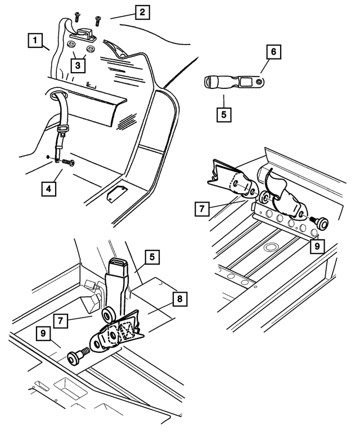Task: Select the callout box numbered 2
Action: point(142,12)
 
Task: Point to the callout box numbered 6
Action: point(273,52)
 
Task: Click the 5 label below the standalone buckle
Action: point(224,111)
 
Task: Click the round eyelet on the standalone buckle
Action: point(259,82)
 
